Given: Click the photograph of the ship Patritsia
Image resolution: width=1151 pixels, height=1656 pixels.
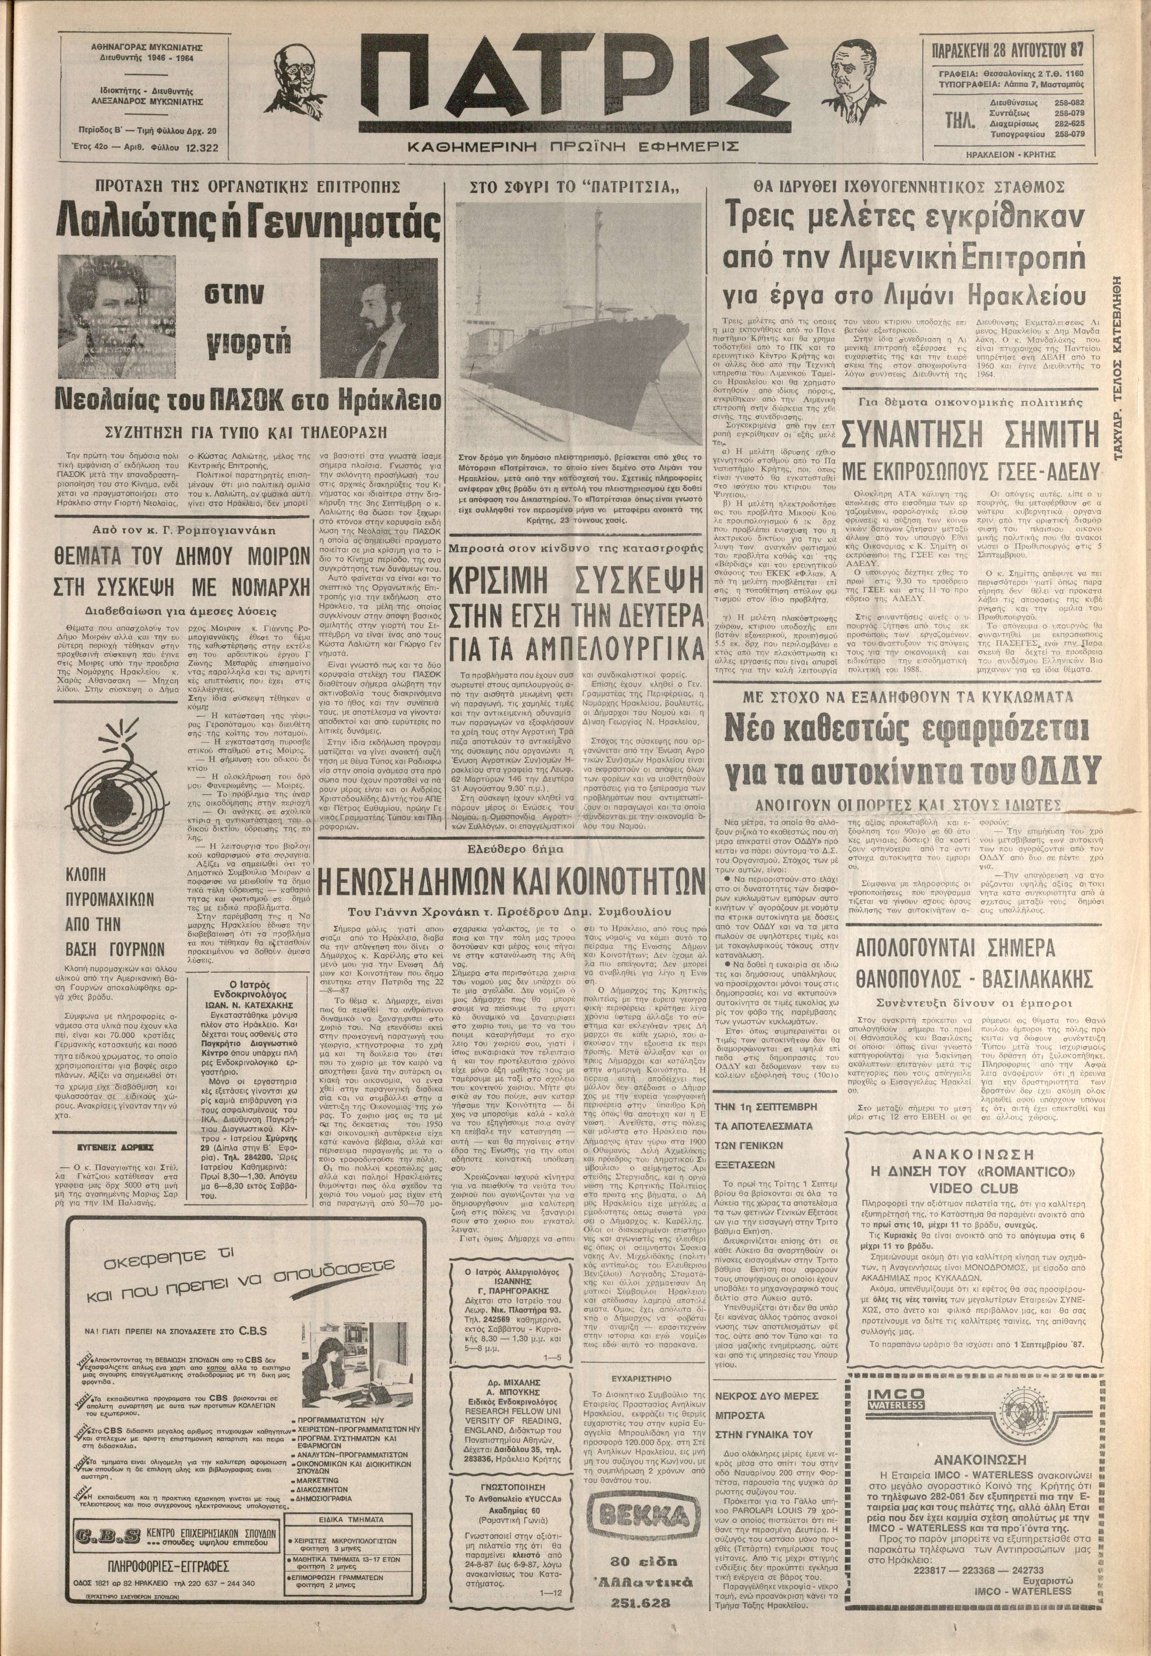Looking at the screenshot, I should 578,326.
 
